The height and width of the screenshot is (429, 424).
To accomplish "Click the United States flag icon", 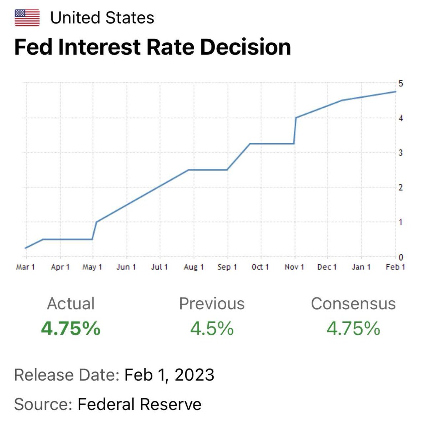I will coord(27,18).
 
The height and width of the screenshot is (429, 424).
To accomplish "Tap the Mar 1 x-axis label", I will coord(25,267).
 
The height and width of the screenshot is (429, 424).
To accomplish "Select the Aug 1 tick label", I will coord(193,267).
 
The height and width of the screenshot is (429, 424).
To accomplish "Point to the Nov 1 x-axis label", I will coord(294,267).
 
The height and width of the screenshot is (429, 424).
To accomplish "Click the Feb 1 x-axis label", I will coord(395,267).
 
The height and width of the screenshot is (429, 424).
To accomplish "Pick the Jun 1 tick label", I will coord(126,267).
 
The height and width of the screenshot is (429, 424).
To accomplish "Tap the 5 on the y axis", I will coord(401,84).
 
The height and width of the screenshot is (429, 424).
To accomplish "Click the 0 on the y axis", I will coord(401,257).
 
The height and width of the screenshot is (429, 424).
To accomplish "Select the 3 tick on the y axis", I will coord(401,153).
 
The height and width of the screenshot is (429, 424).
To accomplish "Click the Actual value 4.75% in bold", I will coord(71,328).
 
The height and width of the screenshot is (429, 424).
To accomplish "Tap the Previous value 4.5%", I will coord(212,328).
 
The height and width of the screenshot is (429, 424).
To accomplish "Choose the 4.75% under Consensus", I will coord(353,328).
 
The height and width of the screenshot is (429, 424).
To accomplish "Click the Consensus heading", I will coord(353,304).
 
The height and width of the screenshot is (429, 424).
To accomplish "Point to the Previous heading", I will coord(212,304).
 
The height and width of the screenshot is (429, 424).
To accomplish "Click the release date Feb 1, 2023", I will coord(169,375).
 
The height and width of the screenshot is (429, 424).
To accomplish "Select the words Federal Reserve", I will coord(140,404).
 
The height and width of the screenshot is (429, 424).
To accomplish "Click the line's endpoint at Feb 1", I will coord(395,92).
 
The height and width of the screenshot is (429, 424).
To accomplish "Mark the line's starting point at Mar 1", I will coord(25,248).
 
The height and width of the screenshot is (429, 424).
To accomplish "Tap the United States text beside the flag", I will coord(102,18).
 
